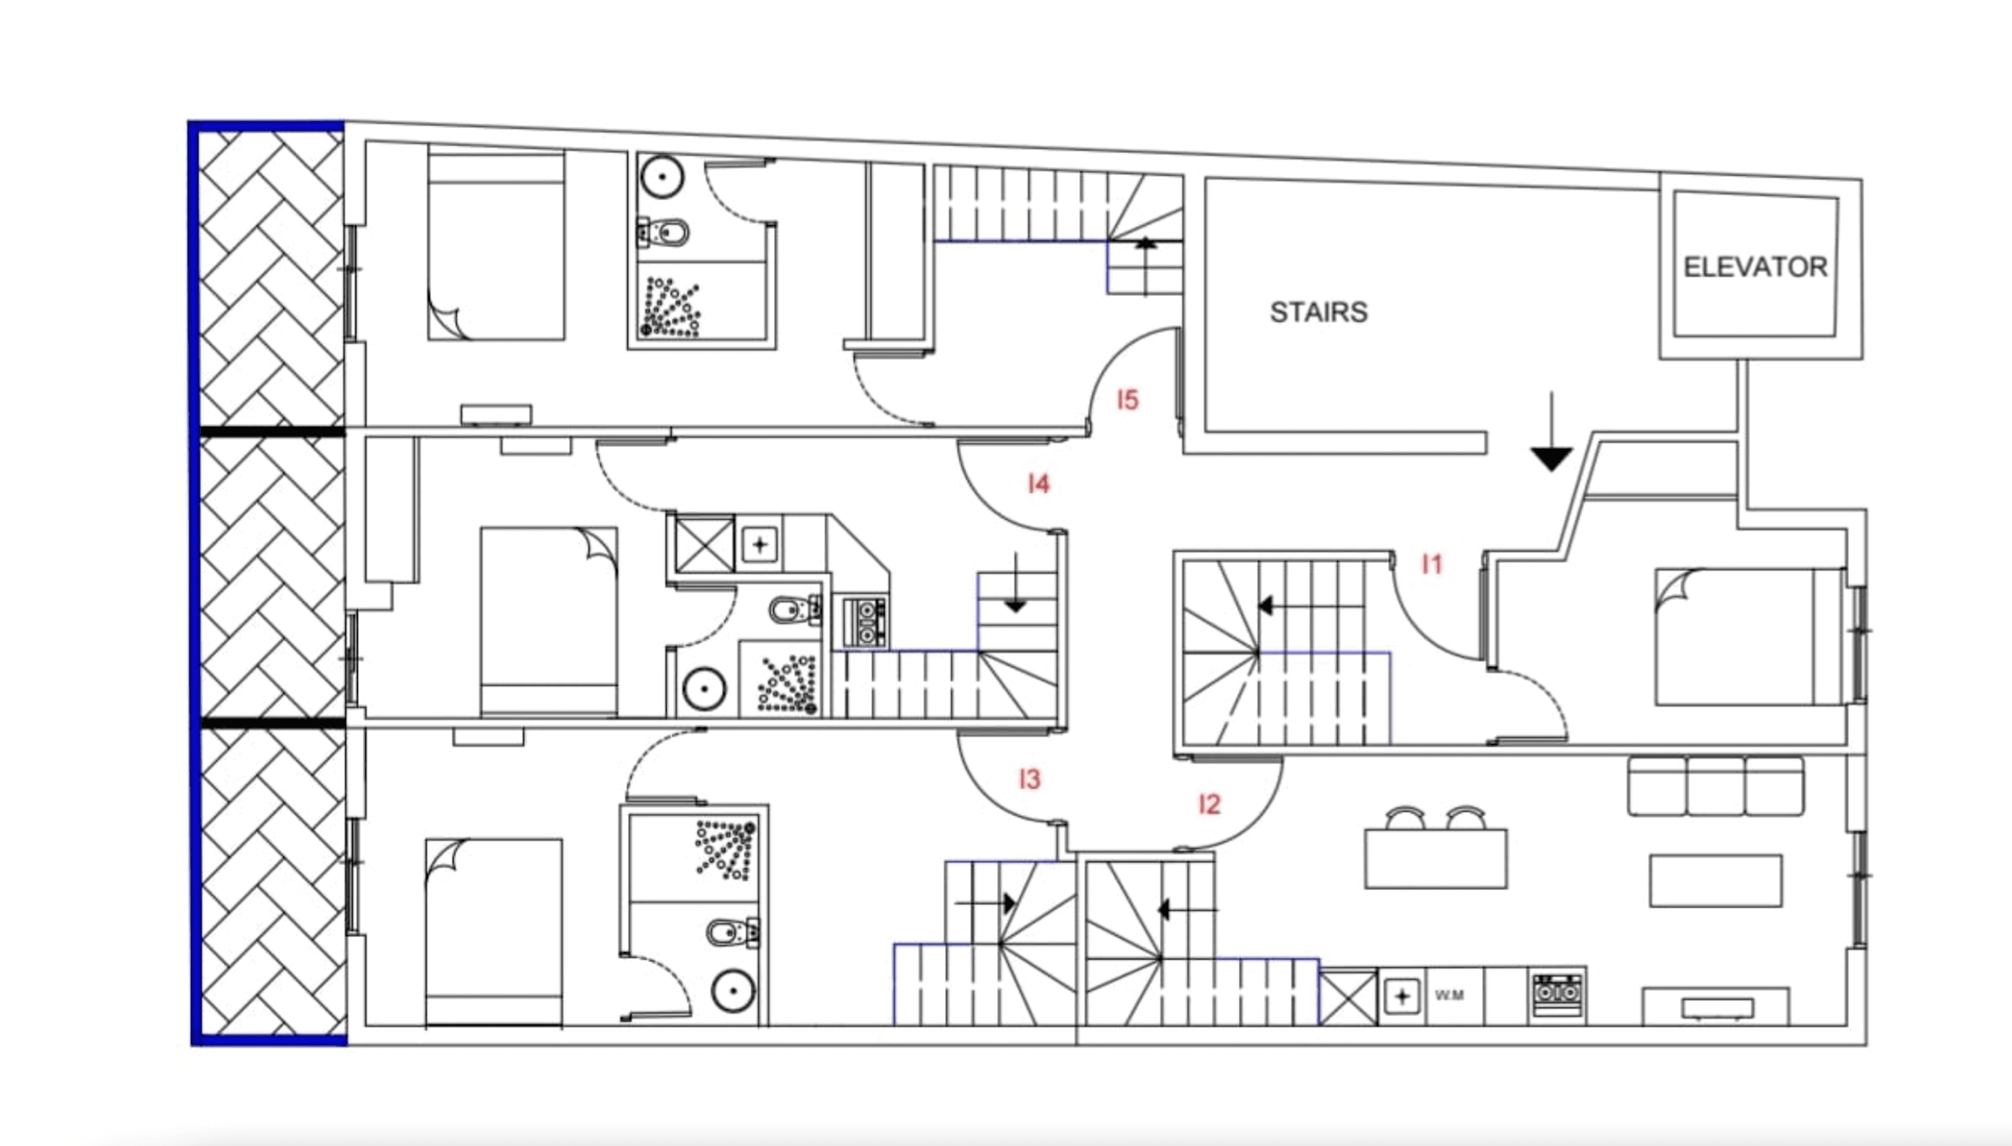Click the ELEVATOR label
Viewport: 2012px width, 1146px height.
tap(1755, 268)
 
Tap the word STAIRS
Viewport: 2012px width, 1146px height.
tap(1319, 313)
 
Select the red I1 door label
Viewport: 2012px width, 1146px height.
tap(1431, 563)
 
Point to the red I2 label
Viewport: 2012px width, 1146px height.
tap(1209, 803)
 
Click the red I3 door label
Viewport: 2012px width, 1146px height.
tap(1029, 779)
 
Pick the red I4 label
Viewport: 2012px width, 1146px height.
tap(1038, 483)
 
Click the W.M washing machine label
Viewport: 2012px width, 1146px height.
tap(1449, 995)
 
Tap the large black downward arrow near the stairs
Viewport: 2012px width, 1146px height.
tap(1551, 432)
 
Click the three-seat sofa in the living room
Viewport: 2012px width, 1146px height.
tap(1715, 785)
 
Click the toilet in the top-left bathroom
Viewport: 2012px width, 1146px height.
tap(663, 233)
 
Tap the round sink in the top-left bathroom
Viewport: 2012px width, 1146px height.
tap(662, 177)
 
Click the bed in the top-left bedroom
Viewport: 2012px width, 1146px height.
tap(496, 245)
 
